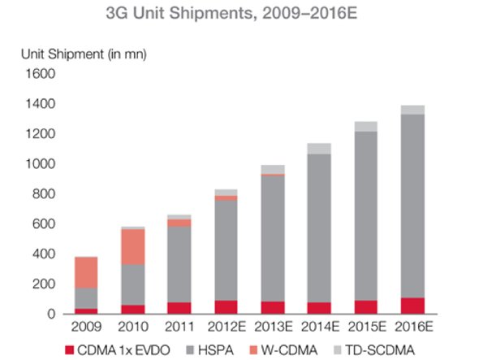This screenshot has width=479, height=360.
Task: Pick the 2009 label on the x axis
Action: point(86,328)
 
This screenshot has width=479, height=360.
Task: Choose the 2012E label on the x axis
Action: point(226,328)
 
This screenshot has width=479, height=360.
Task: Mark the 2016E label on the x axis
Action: point(412,328)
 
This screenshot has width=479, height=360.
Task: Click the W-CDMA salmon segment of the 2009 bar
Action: point(86,273)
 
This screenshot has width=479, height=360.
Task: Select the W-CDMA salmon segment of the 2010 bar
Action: point(132,247)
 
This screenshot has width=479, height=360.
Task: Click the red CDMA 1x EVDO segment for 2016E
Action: point(412,306)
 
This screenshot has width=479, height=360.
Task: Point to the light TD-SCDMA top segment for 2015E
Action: point(365,126)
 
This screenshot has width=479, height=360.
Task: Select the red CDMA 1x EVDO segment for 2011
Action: point(179,308)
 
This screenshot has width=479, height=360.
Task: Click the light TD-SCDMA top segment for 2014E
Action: point(319,148)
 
